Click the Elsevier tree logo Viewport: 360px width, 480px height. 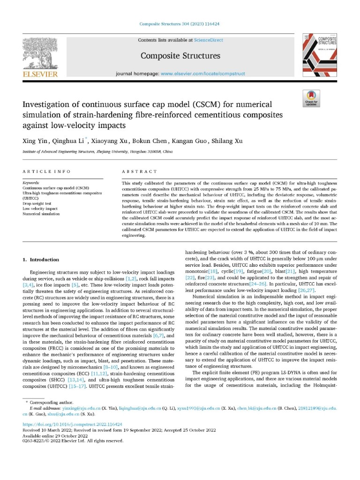40,54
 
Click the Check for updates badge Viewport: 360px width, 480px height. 311,97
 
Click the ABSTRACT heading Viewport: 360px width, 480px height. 139,172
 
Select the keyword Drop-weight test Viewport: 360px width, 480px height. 38,203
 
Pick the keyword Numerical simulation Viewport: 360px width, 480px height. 41,214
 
